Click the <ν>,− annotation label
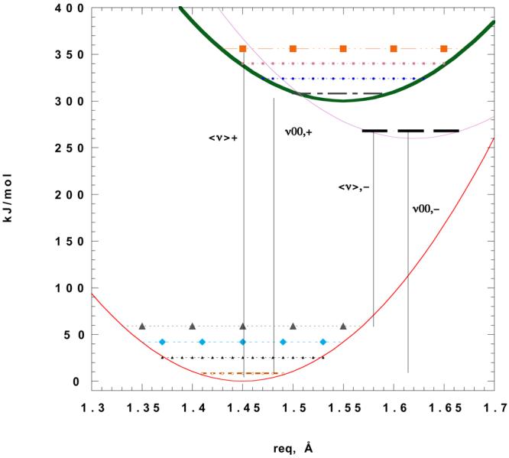click(355, 186)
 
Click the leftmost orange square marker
click(243, 48)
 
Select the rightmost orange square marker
click(443, 48)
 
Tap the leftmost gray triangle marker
click(142, 326)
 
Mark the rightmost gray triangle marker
click(343, 326)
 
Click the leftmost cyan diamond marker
click(162, 342)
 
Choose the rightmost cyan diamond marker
click(323, 342)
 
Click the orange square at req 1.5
click(293, 48)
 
